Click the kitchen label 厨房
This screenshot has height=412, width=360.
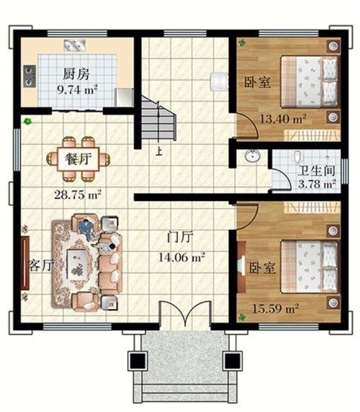pos(76,74)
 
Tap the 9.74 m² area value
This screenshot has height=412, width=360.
pos(78,90)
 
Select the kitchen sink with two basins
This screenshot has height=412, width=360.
pos(75,45)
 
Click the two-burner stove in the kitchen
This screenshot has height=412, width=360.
pos(30,76)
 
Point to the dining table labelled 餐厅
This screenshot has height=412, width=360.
pos(78,159)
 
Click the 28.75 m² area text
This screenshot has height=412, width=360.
pos(78,194)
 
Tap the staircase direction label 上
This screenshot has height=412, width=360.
pos(158,151)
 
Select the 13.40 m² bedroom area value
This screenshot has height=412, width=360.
pos(283,119)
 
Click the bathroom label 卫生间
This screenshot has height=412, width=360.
pos(316,171)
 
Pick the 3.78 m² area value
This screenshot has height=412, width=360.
pos(317,184)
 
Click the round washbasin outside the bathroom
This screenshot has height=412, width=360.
pos(253,156)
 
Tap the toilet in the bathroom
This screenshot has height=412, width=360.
pos(297,158)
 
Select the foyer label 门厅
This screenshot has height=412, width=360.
pos(181,237)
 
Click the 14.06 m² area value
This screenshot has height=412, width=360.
pos(181,257)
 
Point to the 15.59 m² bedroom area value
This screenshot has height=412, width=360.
pos(276,308)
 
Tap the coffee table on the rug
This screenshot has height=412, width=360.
pos(76,264)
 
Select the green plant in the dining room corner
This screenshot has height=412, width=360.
pos(27,122)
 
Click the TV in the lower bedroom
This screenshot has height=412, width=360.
pos(242,267)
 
